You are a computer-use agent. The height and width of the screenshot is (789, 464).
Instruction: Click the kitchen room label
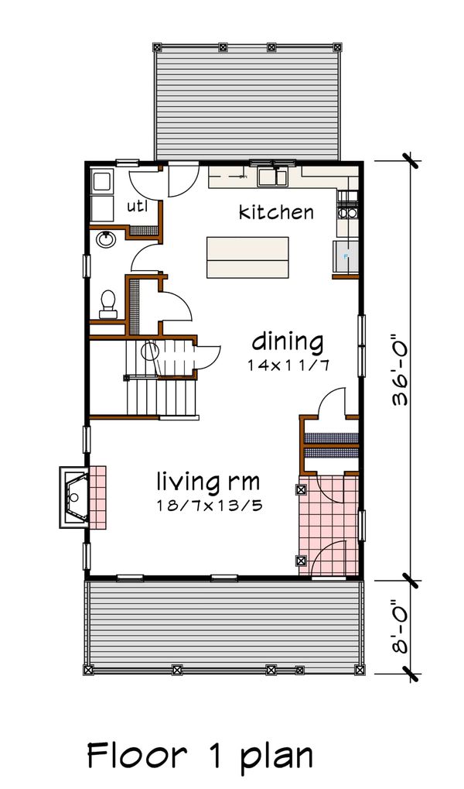tap(276, 211)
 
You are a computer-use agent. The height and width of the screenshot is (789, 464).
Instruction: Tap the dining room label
tap(288, 341)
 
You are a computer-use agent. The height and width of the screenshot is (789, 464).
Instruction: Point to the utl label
tap(138, 206)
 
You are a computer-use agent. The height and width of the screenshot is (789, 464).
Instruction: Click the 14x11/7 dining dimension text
tap(288, 365)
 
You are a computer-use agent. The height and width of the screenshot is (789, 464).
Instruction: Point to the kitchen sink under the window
tap(272, 177)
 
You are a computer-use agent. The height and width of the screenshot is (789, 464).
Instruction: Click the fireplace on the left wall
tap(76, 496)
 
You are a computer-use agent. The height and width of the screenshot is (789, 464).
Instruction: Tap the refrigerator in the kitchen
tap(345, 256)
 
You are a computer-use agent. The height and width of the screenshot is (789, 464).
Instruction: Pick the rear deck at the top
tap(247, 101)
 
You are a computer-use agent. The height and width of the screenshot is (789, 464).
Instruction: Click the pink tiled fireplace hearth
tap(98, 496)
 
